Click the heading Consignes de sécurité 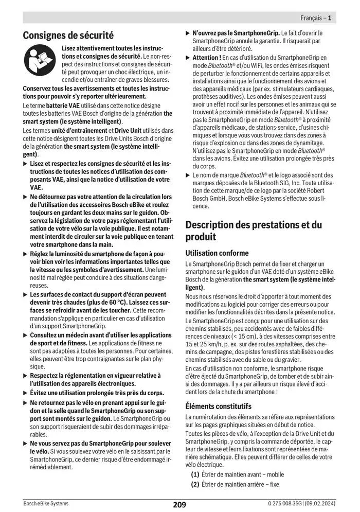pos(68,36)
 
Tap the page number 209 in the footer pos(179,504)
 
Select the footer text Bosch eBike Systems pos(46,504)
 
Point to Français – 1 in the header pos(315,18)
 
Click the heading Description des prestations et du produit pos(254,231)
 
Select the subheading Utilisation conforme pos(217,253)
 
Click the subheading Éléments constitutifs pos(219,406)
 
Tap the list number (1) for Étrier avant pos(195,474)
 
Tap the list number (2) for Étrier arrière pos(195,484)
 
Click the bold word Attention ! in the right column pos(207,58)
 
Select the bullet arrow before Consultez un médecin pos(26,335)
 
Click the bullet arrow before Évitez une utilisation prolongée pos(26,392)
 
